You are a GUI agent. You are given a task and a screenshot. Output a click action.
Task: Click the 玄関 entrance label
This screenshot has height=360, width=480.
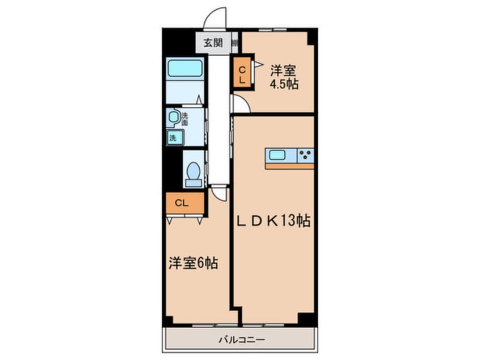213,42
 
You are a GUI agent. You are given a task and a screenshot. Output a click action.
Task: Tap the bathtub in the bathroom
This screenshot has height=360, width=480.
185,69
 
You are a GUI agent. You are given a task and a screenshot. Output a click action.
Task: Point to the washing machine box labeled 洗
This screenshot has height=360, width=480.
174,137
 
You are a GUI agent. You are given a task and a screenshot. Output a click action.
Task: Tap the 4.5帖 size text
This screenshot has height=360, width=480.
284,84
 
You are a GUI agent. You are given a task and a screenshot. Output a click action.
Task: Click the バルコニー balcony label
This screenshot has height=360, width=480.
242,340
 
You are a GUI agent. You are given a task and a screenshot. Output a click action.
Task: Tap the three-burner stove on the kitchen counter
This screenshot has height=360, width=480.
305,155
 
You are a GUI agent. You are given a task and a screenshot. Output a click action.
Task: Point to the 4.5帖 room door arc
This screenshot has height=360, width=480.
239,105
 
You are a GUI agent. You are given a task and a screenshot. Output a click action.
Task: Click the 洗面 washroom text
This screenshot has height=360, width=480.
184,119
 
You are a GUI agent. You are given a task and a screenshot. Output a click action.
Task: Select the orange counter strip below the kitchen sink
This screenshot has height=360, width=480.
289,166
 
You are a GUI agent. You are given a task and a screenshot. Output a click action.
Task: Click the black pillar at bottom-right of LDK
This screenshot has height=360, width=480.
306,319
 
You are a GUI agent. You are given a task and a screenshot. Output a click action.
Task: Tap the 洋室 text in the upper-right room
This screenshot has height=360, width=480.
284,72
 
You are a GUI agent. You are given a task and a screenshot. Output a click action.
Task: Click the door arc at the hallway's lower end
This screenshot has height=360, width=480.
219,193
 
